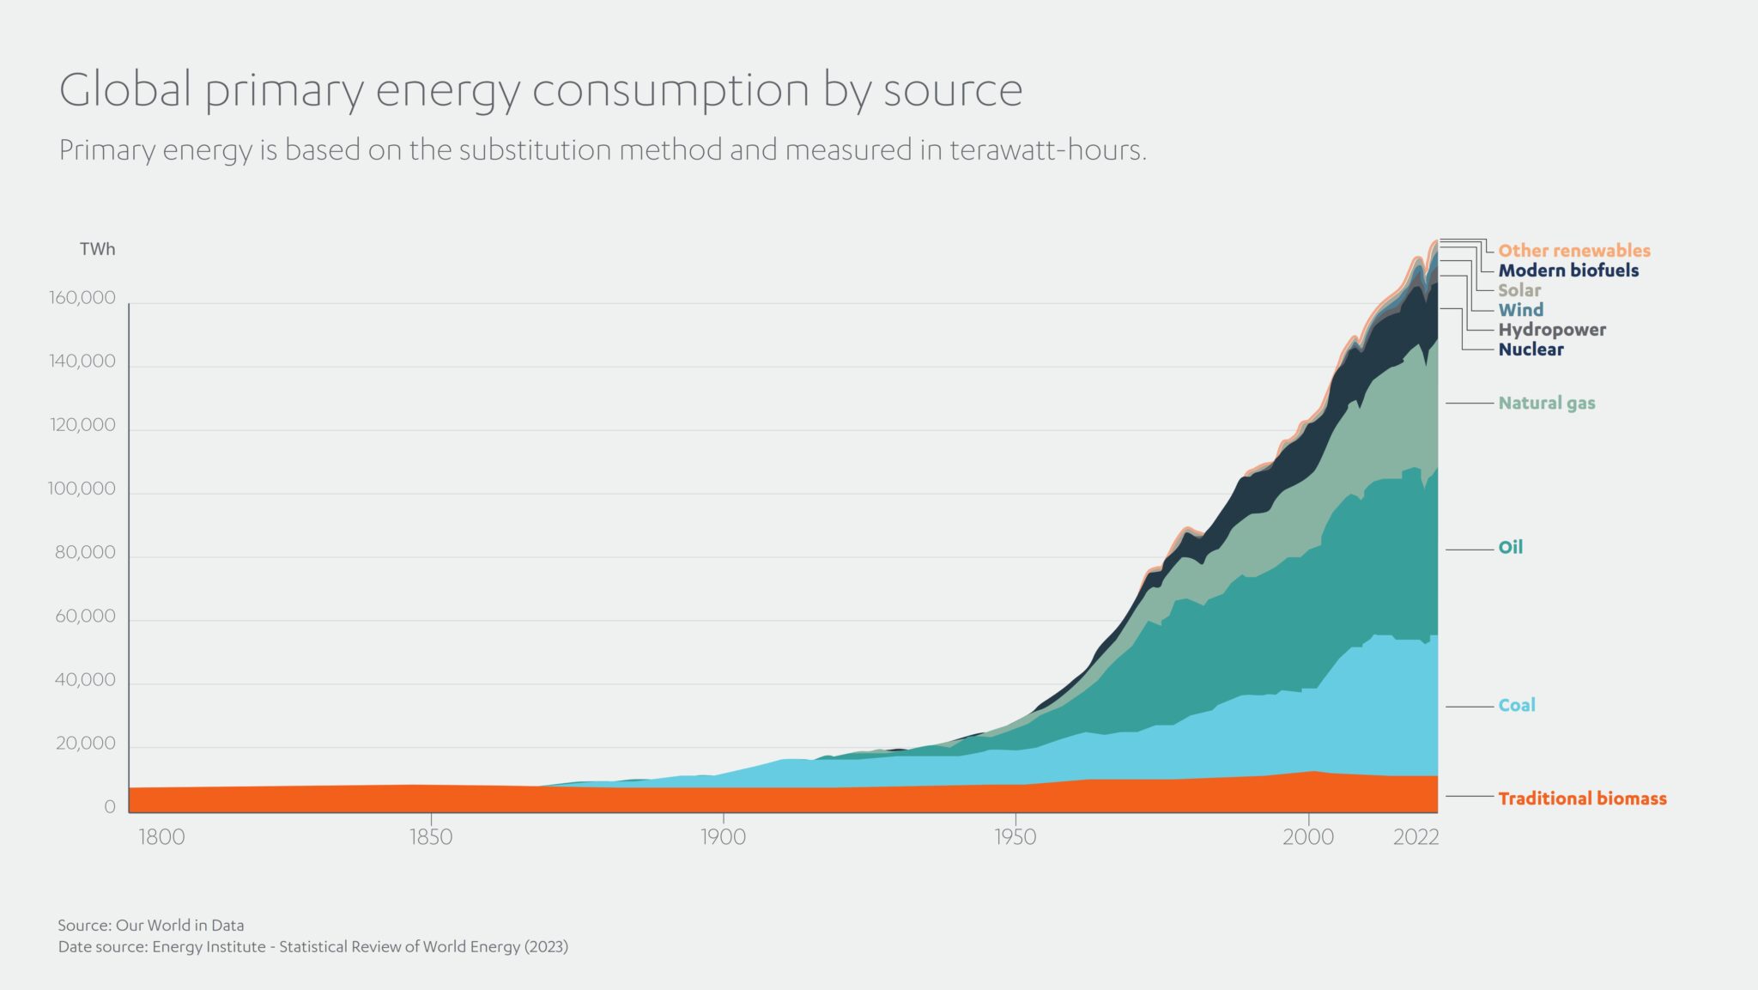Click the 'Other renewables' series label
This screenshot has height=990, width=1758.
(1573, 250)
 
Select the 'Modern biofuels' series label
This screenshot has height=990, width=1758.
(1567, 270)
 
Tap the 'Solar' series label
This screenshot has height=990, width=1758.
(1519, 290)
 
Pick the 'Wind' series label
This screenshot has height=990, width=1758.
(1520, 310)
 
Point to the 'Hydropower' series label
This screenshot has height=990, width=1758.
(1551, 330)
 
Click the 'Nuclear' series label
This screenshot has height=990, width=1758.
(1531, 349)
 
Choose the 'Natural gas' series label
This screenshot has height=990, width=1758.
(1546, 403)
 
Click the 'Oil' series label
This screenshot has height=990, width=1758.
(1510, 547)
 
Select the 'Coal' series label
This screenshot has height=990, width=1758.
(1516, 705)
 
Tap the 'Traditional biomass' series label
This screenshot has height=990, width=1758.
(1581, 799)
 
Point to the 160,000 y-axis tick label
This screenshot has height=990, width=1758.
(82, 298)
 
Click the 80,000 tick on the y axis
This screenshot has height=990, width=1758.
(85, 552)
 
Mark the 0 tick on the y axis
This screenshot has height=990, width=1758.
(109, 807)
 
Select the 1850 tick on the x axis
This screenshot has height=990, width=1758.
(430, 837)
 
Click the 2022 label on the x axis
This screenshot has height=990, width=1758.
(1415, 837)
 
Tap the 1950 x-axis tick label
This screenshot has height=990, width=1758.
(1015, 837)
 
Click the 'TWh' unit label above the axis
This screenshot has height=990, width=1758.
(97, 249)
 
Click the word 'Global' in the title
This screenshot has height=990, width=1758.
(125, 89)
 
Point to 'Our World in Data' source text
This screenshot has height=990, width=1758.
(179, 925)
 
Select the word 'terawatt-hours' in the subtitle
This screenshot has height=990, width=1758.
(1046, 150)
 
